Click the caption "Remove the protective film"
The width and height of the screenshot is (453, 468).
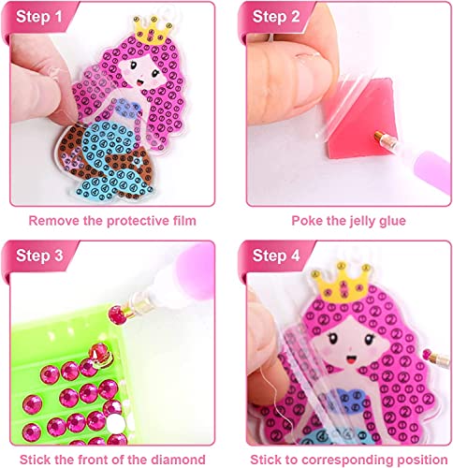click(110, 221)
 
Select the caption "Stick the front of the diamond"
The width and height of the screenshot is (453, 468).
click(110, 458)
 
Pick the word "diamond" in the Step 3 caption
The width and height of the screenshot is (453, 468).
click(174, 458)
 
